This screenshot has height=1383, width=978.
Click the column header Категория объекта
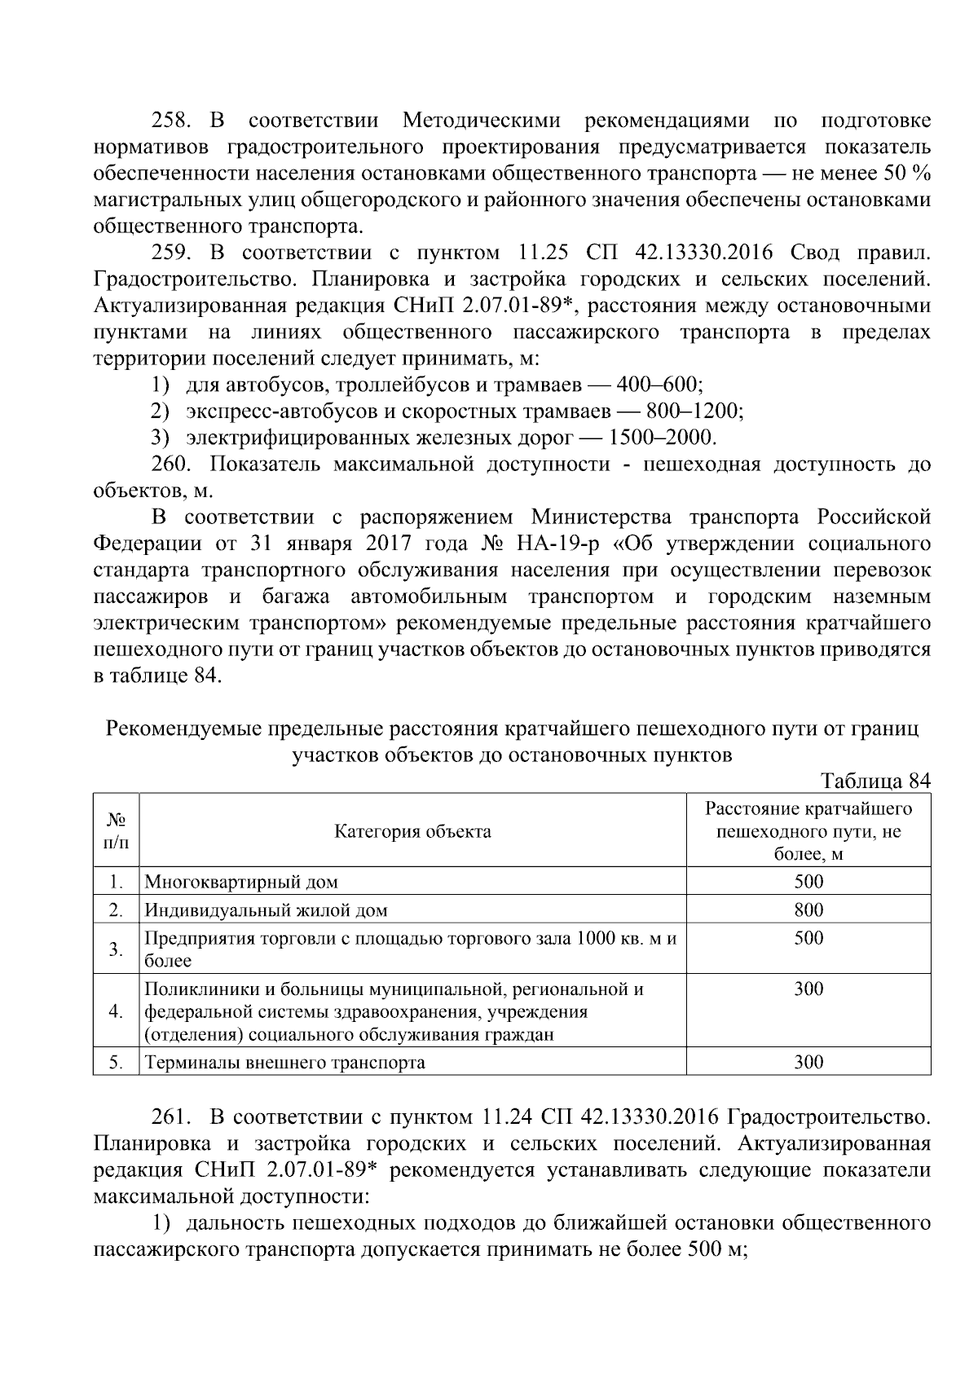pos(412,831)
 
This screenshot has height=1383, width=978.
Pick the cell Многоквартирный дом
pos(241,882)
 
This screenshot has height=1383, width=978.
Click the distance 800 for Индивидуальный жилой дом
pos(808,910)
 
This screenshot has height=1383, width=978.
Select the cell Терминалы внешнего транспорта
pos(285,1063)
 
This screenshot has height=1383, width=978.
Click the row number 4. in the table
pos(116,1011)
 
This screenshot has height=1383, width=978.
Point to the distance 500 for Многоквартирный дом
pos(808,881)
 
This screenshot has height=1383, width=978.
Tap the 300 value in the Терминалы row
pos(808,1062)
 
